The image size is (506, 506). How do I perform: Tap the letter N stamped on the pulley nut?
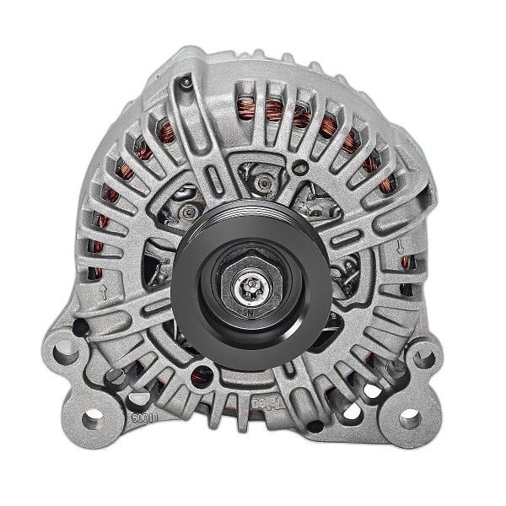(x=250, y=311)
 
